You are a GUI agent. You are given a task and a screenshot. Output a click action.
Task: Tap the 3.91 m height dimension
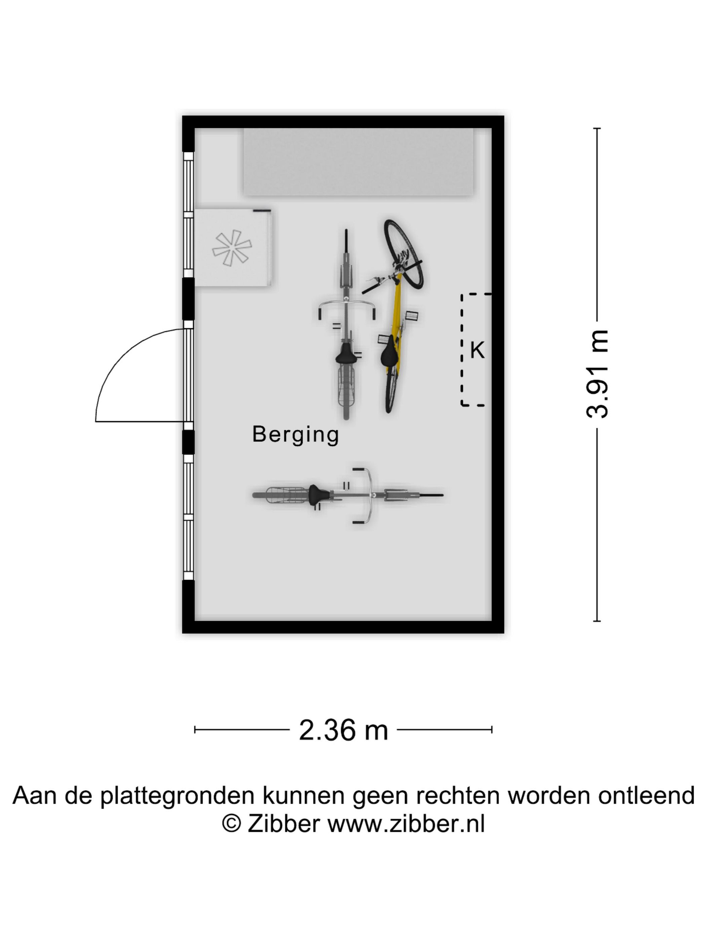[x=597, y=374]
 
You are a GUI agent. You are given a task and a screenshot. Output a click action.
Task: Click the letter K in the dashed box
[x=477, y=350]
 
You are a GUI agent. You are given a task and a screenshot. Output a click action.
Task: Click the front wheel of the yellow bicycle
[x=403, y=254]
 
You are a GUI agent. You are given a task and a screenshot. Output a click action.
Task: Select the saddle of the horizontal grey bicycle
[x=319, y=495]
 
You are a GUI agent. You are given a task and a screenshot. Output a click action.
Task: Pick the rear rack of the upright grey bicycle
[x=346, y=386]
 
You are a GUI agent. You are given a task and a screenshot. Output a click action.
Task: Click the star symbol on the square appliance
[x=232, y=248]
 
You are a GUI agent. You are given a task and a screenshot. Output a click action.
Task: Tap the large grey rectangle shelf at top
[x=358, y=162]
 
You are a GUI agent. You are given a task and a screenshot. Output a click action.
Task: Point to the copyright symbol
[x=232, y=824]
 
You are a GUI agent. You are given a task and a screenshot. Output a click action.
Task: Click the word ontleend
[x=646, y=795]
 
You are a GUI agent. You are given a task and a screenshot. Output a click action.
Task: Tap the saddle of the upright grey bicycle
[x=346, y=353]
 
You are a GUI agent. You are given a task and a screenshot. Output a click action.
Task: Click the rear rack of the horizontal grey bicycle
[x=287, y=495]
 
